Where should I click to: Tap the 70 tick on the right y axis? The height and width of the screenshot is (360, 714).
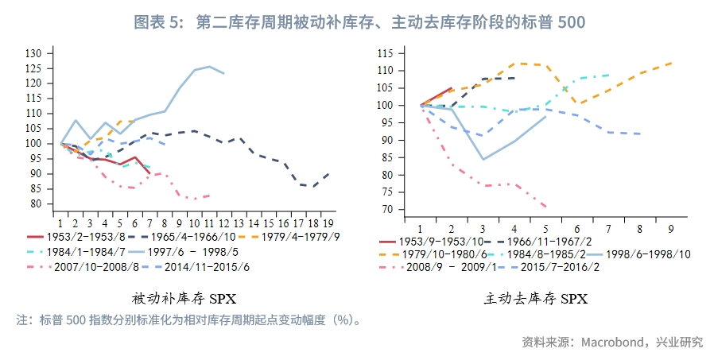386,209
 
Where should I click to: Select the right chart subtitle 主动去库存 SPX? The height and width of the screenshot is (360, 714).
536,299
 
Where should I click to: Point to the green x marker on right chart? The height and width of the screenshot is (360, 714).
565,89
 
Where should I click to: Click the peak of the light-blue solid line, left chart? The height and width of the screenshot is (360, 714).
209,67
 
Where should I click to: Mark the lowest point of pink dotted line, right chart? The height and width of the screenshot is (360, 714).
546,207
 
